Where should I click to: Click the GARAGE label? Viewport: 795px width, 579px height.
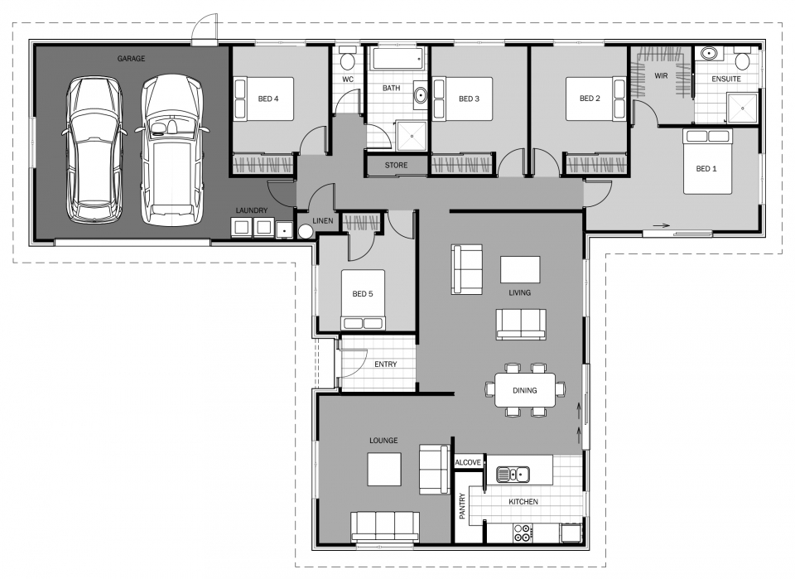point(132,59)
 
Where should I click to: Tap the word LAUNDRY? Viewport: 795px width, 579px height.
point(252,210)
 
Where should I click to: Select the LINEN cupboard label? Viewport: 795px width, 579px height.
point(323,220)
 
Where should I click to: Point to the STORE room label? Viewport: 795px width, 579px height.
point(396,166)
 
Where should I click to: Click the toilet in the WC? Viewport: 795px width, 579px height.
point(348,60)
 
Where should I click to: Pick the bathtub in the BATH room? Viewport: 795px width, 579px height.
point(397,59)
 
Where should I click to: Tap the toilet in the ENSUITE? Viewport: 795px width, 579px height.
point(743,60)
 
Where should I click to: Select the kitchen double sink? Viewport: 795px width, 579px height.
point(513,475)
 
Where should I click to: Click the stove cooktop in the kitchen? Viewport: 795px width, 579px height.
point(522,533)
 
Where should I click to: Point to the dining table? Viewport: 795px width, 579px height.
point(525,390)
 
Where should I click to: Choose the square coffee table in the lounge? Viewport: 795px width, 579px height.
point(384,470)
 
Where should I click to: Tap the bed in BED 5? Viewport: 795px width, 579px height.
point(363,300)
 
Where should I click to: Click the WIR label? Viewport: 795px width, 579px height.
point(661,76)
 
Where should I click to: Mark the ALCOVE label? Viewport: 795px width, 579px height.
point(468,462)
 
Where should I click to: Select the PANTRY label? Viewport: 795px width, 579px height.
point(462,506)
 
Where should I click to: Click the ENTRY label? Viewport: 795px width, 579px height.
point(386,364)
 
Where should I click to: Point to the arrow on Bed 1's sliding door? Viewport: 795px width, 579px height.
point(662,225)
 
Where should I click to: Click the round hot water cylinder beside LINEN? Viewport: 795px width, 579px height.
point(306,232)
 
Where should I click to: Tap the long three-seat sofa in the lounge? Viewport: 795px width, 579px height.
point(385,526)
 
